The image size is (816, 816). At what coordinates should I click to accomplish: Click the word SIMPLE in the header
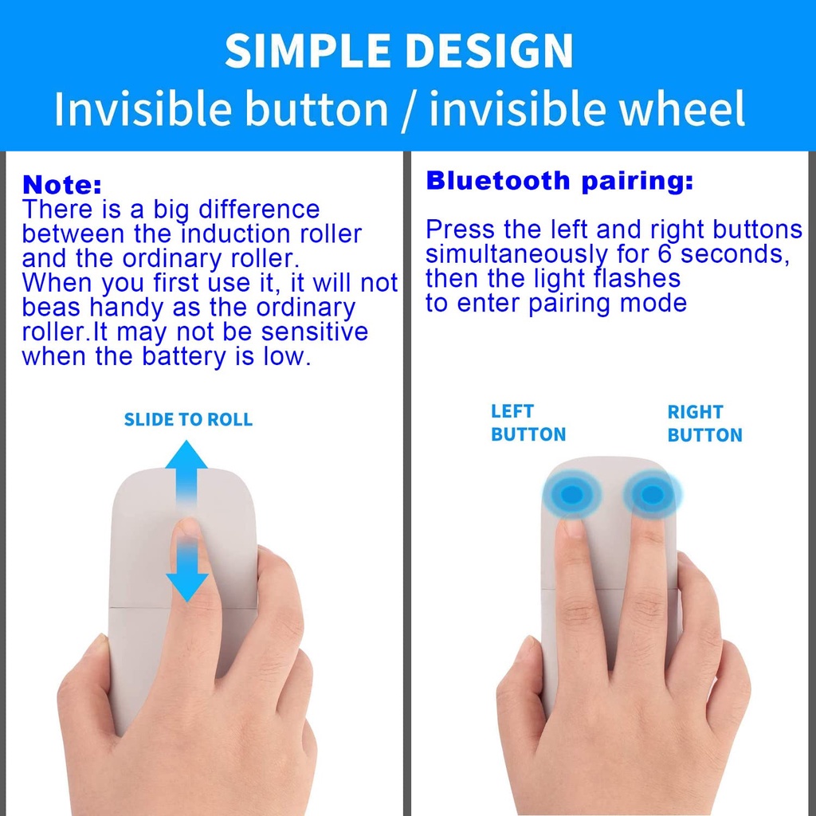[308, 50]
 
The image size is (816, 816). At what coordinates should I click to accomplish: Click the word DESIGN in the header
[488, 50]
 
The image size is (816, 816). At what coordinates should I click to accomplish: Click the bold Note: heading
[62, 185]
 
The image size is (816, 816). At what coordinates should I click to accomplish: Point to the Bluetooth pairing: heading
[559, 181]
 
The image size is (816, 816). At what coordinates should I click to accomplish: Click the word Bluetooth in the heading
[498, 181]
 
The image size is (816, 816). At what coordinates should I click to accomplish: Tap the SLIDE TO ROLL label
[188, 419]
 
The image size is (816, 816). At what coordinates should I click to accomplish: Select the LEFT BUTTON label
[528, 423]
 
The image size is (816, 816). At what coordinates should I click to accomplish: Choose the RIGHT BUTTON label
[704, 424]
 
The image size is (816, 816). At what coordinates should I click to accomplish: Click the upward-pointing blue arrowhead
[186, 454]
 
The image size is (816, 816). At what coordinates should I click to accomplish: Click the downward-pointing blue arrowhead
[186, 587]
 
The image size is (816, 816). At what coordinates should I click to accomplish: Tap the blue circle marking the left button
[572, 494]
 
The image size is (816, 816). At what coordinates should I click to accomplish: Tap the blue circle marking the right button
[652, 494]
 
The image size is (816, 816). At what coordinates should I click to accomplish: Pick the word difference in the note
[259, 210]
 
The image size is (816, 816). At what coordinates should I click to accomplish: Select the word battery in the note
[185, 356]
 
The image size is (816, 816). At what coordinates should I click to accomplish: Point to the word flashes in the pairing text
[637, 278]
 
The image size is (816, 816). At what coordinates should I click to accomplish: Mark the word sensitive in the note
[314, 332]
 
